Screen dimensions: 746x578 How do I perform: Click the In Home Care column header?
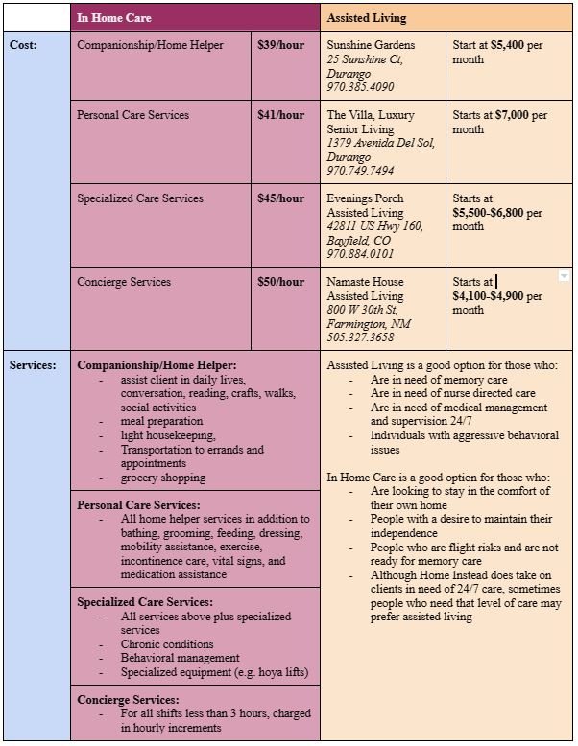(x=114, y=17)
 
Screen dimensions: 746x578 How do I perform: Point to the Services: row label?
(x=33, y=365)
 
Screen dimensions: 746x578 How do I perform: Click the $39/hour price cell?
(x=280, y=45)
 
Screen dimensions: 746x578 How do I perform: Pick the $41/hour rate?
(x=280, y=115)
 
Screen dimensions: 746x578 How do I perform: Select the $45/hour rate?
(x=280, y=198)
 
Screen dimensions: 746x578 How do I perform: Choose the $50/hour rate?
(x=280, y=282)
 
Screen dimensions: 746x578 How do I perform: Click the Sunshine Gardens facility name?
(x=371, y=45)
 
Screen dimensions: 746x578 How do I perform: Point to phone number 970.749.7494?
(x=360, y=171)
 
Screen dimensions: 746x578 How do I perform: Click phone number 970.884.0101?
(x=360, y=254)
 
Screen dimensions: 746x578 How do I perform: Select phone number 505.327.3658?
(x=360, y=338)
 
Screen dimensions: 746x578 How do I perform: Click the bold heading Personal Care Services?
(x=138, y=505)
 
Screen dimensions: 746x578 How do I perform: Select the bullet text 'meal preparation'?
(x=161, y=421)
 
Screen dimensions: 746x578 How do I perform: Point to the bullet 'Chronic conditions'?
(x=167, y=644)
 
